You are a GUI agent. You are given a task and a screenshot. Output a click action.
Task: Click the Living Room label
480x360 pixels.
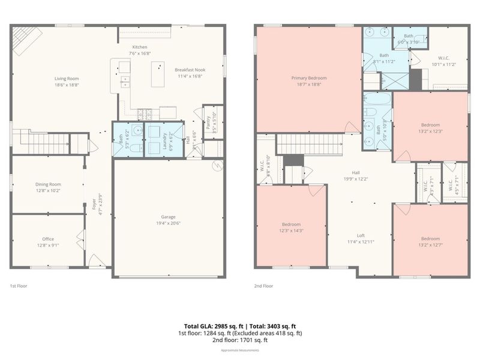(67, 78)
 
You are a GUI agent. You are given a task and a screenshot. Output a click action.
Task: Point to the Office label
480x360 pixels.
(48, 239)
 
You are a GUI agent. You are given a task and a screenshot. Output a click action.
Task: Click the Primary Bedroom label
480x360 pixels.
(309, 78)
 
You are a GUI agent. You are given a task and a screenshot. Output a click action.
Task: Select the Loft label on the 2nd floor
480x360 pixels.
(361, 235)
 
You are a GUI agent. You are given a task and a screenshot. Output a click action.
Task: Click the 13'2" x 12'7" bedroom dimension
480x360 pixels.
(430, 244)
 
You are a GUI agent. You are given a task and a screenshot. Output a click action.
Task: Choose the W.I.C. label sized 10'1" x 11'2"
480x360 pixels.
(444, 64)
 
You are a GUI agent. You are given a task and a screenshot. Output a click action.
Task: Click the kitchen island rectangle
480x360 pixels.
(158, 74)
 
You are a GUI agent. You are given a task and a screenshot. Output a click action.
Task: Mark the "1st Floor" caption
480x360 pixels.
(19, 286)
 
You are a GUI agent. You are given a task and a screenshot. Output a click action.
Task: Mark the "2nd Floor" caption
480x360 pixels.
(263, 286)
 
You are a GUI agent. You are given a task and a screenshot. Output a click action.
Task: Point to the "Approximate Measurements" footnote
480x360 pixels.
(240, 350)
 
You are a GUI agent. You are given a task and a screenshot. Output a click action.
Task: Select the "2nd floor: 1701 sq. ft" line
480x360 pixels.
(240, 340)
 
